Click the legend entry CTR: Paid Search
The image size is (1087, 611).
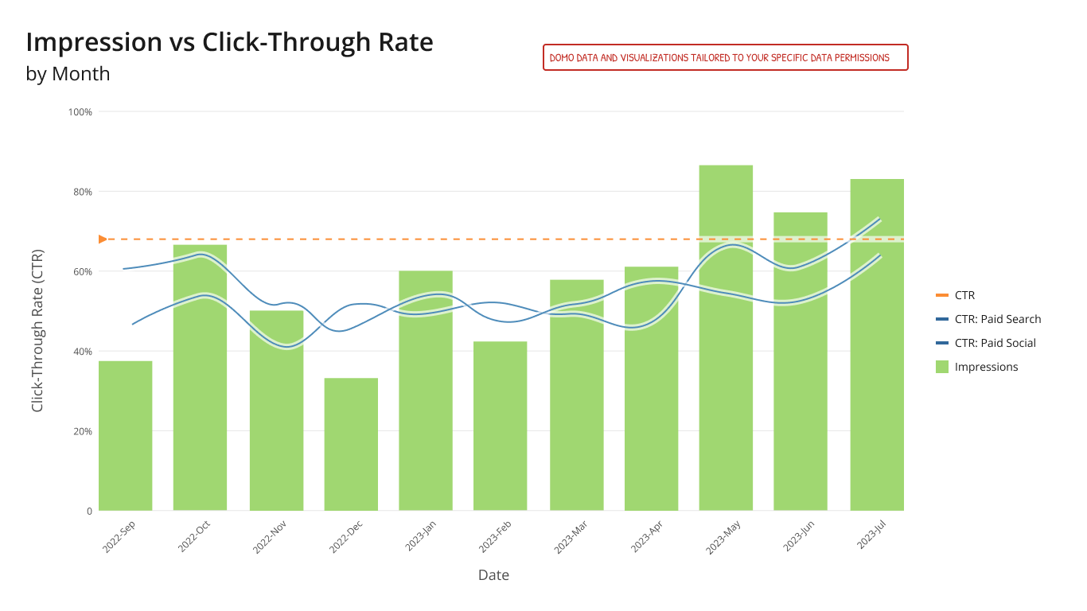pos(997,319)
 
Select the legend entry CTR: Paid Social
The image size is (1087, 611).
pos(995,343)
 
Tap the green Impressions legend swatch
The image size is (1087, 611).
pos(942,367)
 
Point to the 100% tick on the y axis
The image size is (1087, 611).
pos(80,112)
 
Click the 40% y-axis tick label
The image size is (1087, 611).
pos(83,352)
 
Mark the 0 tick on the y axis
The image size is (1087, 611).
pos(89,511)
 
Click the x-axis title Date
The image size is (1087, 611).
pos(493,574)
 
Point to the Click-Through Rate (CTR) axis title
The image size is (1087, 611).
pos(37,331)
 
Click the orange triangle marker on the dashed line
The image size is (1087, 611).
pos(102,239)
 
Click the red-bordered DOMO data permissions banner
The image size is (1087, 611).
pos(725,57)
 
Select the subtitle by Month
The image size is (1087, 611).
pos(68,74)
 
